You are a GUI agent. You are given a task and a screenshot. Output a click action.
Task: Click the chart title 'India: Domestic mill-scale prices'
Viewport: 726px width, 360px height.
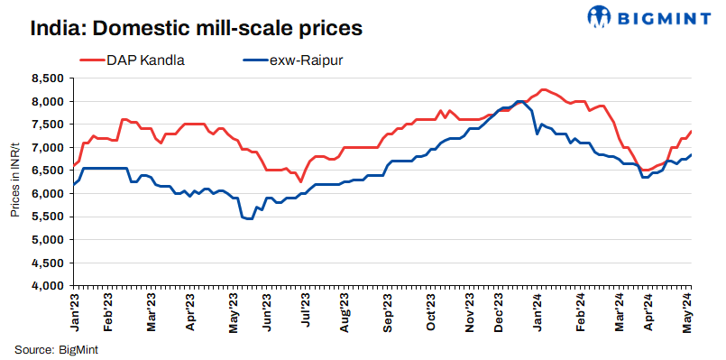(x=196, y=28)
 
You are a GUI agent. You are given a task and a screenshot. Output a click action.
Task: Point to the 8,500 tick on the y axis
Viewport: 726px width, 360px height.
(x=47, y=78)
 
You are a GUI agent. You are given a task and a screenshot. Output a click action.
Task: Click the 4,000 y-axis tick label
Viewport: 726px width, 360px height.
(x=47, y=286)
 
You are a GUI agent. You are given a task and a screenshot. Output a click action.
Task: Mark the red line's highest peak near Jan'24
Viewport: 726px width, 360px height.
(x=542, y=89)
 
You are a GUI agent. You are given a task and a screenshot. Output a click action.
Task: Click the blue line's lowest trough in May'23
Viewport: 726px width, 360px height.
(x=248, y=218)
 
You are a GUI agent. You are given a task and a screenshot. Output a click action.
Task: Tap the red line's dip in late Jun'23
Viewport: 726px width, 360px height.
(x=301, y=181)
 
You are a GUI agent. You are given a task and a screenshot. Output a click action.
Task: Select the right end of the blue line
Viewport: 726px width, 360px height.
(x=691, y=154)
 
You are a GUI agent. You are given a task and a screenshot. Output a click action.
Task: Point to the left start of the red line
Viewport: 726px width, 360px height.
(x=72, y=168)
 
